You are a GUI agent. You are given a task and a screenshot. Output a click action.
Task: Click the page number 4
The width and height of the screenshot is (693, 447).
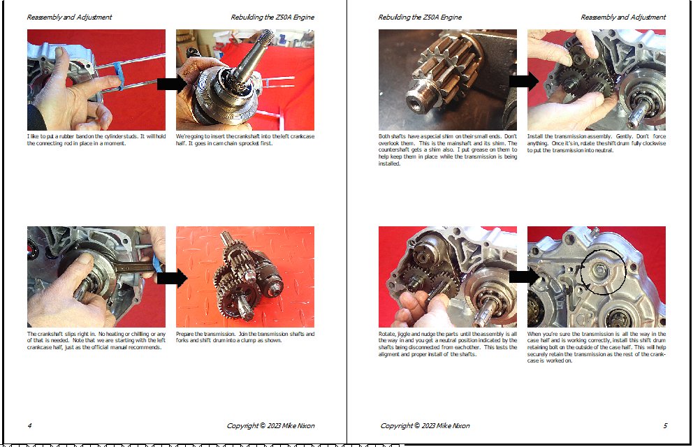click(x=29, y=426)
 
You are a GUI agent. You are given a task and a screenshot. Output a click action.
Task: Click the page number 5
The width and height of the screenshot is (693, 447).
click(x=665, y=426)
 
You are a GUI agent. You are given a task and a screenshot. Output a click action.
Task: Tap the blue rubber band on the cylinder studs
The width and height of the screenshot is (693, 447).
click(x=118, y=76)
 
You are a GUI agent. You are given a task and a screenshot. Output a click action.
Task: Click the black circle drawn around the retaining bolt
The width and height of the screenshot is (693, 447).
click(x=603, y=272)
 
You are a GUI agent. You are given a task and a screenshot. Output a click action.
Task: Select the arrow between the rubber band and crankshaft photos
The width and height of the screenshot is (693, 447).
click(x=173, y=84)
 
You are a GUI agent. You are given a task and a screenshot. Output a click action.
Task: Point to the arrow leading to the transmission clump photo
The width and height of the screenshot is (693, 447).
click(x=173, y=278)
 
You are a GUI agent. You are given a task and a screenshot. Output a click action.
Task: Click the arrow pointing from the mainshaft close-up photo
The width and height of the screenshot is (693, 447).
click(x=524, y=81)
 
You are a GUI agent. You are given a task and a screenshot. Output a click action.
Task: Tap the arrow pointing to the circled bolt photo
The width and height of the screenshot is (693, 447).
click(x=524, y=277)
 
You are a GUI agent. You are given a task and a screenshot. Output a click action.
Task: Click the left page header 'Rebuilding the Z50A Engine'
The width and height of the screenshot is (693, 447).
click(x=272, y=17)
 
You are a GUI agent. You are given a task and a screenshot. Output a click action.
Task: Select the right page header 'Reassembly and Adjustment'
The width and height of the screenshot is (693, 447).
click(x=623, y=17)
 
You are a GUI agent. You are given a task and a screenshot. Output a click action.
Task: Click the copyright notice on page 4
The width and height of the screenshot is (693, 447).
click(x=270, y=426)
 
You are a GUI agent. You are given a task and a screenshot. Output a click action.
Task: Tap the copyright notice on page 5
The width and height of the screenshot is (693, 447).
click(x=425, y=426)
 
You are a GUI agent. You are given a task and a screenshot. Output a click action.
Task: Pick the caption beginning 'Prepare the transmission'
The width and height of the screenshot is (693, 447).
click(x=245, y=337)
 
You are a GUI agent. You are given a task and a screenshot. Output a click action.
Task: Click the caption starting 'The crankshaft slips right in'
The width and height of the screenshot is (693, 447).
click(x=96, y=341)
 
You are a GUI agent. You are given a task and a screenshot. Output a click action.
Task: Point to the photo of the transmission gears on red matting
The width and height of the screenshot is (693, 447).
click(x=245, y=277)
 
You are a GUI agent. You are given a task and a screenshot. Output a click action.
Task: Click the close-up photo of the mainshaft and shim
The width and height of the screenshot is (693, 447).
click(x=447, y=80)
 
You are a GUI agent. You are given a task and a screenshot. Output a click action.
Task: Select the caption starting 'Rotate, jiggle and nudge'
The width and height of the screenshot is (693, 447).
click(x=448, y=344)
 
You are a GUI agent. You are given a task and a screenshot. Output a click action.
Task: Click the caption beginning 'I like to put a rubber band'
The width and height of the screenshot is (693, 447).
click(x=96, y=140)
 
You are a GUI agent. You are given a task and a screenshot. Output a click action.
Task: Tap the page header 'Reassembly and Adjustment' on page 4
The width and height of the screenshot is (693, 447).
click(x=69, y=17)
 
